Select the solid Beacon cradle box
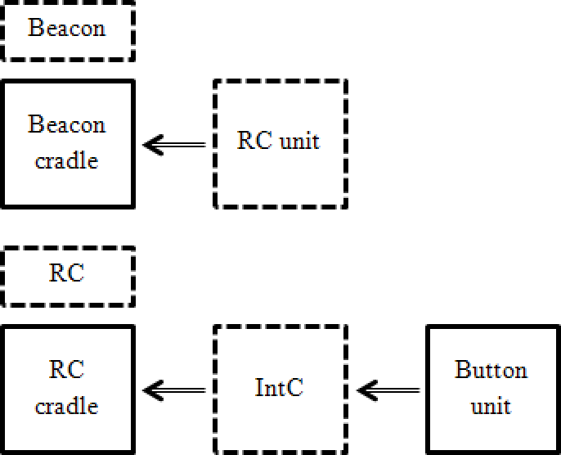coord(67,143)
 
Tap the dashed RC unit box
coord(280,144)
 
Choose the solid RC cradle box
coord(67,389)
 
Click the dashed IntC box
coord(280,389)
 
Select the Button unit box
coord(491,389)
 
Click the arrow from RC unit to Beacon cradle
coord(174,145)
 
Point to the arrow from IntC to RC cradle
coord(174,390)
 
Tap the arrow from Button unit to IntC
coord(388,390)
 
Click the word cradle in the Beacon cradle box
coord(67,160)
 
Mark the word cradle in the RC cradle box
coord(67,406)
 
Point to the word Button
coord(491,370)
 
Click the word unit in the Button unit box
coord(491,406)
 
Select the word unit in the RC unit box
coord(299,141)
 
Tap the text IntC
coord(279,388)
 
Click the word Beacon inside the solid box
coord(67,125)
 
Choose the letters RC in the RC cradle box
coord(67,370)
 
